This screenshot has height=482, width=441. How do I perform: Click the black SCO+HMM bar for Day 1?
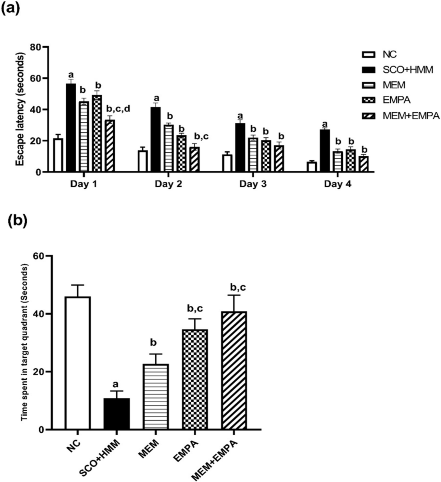pos(71,128)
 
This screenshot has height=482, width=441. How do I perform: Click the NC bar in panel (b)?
pos(78,363)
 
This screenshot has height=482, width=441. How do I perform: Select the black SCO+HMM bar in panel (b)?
pos(117,414)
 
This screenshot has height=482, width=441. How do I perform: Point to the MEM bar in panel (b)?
pos(156,397)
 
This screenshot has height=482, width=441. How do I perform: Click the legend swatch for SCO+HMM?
pos(369,70)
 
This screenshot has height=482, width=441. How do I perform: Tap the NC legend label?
pos(390,54)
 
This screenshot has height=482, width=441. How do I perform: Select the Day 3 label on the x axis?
pos(253,184)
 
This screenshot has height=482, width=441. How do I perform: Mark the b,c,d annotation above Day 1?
pos(118,109)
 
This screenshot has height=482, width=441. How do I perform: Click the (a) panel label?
pos(11,8)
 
